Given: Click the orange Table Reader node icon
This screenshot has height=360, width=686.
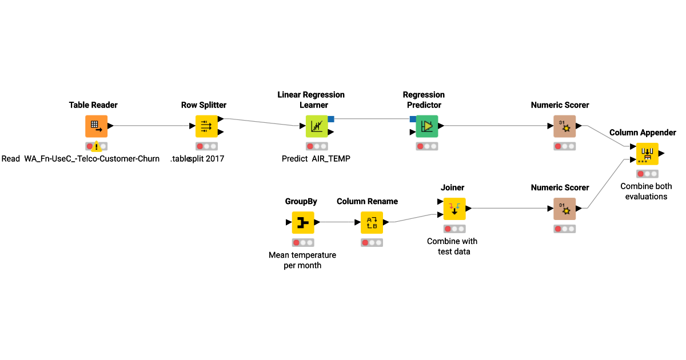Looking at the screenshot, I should click(96, 126).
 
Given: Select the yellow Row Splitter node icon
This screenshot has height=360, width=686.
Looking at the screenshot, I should click(206, 126).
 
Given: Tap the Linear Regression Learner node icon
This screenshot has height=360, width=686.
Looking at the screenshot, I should click(317, 126).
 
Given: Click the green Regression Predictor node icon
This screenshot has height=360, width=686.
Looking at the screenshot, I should click(426, 126).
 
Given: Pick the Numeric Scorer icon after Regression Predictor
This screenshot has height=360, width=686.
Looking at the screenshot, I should click(564, 126).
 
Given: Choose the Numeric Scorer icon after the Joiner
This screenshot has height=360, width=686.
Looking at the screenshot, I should click(564, 209).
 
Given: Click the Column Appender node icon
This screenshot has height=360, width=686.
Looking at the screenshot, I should click(647, 154).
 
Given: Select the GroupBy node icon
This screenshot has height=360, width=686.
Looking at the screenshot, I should click(303, 222).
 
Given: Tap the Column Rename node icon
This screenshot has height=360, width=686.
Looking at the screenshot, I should click(372, 222).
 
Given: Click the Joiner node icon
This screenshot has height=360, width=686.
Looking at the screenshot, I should click(454, 209).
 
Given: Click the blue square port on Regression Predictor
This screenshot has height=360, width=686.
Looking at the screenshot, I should click(413, 119).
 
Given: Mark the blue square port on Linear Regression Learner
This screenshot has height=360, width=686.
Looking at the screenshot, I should click(331, 119).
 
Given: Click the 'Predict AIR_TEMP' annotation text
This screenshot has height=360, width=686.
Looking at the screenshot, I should click(316, 159).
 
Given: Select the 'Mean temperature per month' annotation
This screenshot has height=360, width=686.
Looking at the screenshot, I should click(302, 260).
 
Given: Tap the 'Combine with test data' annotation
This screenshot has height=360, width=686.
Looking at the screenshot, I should click(452, 246).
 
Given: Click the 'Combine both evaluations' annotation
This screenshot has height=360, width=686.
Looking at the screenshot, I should click(646, 191).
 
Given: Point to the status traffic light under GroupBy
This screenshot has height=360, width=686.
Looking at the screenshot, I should click(303, 242).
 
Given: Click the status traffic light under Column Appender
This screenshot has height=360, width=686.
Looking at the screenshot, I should click(647, 174).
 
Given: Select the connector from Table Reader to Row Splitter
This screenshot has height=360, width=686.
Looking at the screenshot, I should click(151, 126).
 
